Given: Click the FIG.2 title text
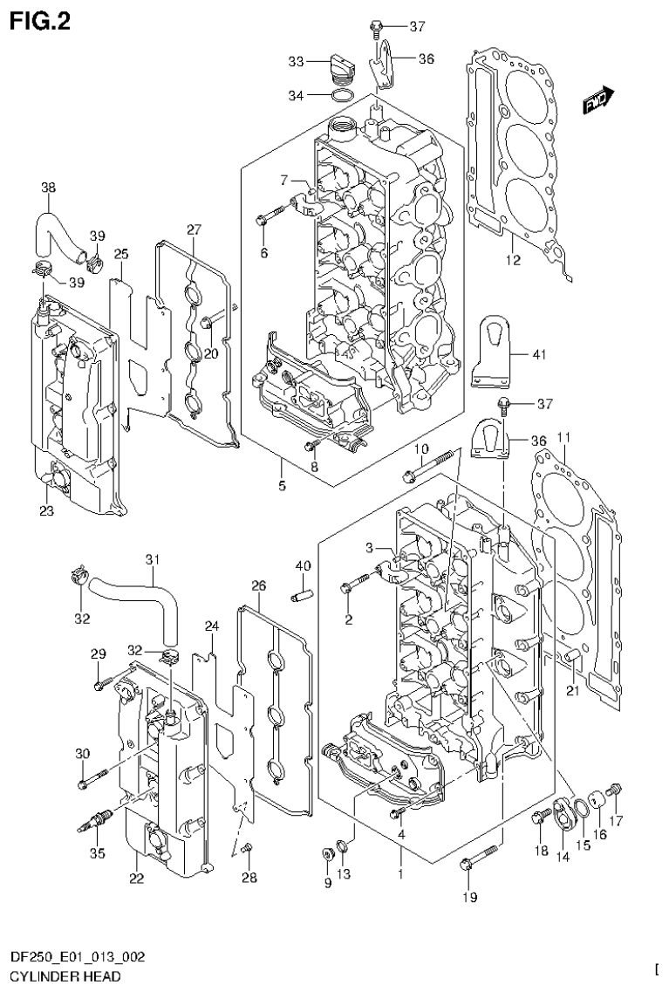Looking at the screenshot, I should coord(39,20).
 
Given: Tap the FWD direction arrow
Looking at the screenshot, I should coord(599,103).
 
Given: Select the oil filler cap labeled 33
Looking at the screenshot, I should coord(342,65).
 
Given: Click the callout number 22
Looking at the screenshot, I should coord(136,878).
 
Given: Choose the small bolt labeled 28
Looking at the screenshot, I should coord(248,848).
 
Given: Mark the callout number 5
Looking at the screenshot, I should coord(283,484).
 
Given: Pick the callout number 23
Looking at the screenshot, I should coord(45,510).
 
